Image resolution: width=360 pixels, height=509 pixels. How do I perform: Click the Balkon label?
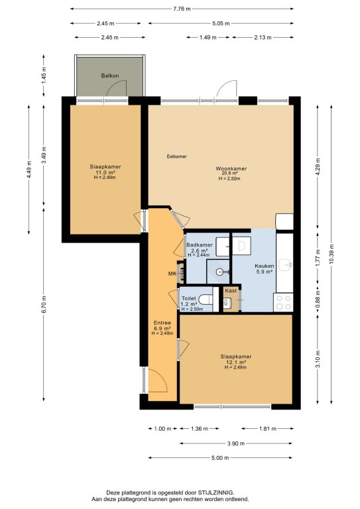[x=109, y=76]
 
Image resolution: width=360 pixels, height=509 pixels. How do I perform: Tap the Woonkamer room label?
[x=231, y=168]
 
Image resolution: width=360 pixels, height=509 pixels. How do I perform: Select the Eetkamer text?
[x=176, y=156]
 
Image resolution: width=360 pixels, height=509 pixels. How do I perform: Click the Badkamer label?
[x=200, y=245]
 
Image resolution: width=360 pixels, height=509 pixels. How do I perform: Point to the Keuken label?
[x=265, y=266]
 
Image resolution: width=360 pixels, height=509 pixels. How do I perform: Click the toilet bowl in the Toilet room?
[x=206, y=299]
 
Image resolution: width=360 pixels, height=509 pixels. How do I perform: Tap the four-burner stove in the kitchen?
[x=283, y=302]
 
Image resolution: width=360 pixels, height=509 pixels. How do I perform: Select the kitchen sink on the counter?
[x=285, y=265]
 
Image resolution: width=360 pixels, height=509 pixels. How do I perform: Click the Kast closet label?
[x=231, y=290]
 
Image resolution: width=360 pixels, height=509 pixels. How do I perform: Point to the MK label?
[x=172, y=274]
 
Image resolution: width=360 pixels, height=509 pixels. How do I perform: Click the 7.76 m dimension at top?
[x=182, y=9]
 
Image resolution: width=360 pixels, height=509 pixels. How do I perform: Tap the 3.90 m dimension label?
[x=235, y=443]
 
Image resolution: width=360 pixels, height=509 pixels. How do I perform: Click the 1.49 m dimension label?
[x=208, y=37]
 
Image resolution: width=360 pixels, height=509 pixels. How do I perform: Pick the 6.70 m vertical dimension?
[x=44, y=304]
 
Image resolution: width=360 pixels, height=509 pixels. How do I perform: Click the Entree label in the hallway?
[x=162, y=323]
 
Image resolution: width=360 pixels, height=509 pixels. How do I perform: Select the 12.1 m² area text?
[x=235, y=362]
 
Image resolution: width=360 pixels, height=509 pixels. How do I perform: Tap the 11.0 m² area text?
[x=105, y=172]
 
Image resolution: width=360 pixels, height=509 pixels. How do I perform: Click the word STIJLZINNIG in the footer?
[x=215, y=492]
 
